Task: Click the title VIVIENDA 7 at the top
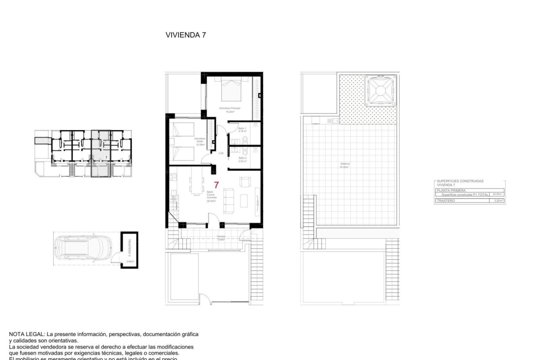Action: tap(186, 35)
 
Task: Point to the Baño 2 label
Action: tap(242, 158)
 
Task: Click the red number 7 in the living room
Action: tap(216, 185)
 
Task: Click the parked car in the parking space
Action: tap(82, 249)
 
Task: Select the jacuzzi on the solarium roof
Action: tap(380, 91)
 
